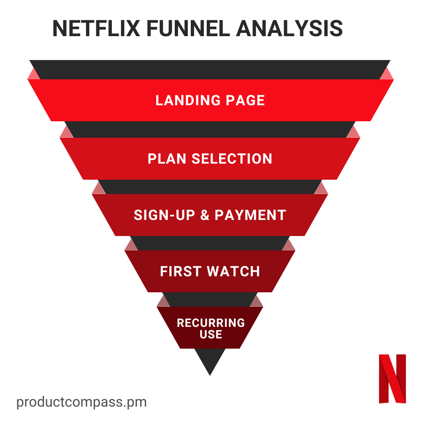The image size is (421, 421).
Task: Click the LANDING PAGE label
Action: [x=210, y=100]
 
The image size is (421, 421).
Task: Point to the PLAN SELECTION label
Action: [x=210, y=159]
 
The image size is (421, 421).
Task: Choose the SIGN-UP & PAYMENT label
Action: [x=210, y=215]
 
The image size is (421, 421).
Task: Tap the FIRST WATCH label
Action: [x=210, y=271]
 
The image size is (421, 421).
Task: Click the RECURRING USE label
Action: [x=210, y=328]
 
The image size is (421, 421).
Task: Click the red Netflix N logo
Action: [x=392, y=378]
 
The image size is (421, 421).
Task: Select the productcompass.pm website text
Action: [x=81, y=402]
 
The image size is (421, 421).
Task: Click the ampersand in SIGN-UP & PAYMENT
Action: [x=205, y=215]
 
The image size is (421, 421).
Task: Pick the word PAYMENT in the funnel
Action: [x=250, y=215]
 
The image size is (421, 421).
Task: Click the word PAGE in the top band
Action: [x=245, y=100]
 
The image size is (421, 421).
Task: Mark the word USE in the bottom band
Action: [x=211, y=335]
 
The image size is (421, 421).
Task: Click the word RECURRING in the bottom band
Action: [x=210, y=323]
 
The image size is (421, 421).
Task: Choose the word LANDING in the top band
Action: [x=188, y=100]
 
